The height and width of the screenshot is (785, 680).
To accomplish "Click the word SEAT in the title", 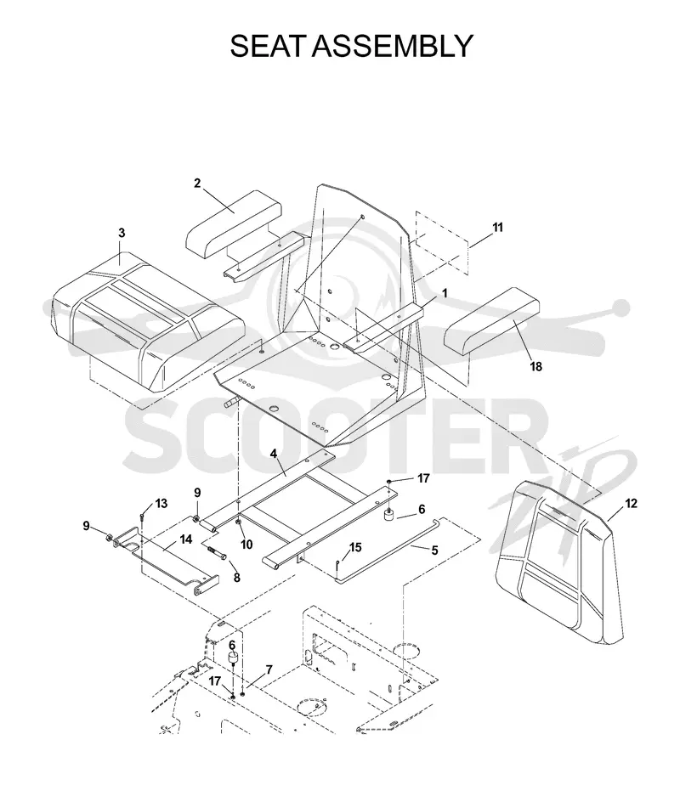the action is tap(268, 46).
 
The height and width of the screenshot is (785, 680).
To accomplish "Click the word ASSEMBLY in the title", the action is tap(393, 46).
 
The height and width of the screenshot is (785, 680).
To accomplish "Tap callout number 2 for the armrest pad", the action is tap(197, 184).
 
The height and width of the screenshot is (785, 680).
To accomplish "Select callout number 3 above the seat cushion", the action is tap(122, 233).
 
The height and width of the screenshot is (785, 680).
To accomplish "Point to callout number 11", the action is tap(497, 228).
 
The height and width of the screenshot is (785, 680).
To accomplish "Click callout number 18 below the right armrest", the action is tap(535, 366).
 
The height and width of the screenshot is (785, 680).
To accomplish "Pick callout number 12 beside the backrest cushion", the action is tap(631, 503).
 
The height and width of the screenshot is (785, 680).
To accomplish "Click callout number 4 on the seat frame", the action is tap(274, 454).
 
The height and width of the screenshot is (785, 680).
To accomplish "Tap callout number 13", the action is tap(161, 503).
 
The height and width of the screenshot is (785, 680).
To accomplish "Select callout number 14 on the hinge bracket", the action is tap(186, 539).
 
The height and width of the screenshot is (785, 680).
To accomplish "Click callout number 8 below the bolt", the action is tap(237, 577).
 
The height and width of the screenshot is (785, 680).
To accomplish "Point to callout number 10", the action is tap(246, 545).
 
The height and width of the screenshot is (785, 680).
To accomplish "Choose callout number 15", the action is tap(355, 547).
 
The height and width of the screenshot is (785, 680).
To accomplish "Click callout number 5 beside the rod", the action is tap(434, 551).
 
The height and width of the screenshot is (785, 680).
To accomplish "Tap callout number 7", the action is tap(269, 669).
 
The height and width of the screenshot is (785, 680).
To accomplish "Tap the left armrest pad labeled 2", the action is tap(234, 221).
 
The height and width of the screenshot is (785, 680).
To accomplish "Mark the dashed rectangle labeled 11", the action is tap(442, 246).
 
